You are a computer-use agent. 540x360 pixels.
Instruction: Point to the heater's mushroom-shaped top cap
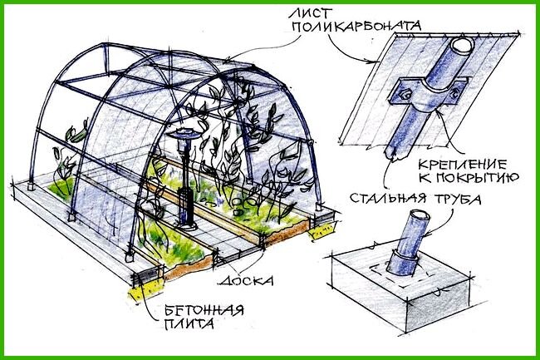click(x=182, y=134)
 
